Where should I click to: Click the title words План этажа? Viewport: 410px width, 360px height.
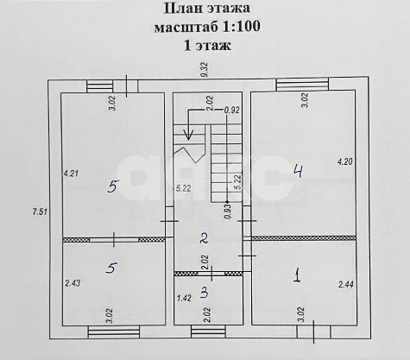coord(205,9)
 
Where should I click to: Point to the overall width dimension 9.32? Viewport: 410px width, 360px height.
coord(205,70)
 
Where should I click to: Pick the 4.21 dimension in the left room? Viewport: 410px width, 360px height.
coord(70,173)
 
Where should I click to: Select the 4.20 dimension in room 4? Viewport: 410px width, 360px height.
coord(344,161)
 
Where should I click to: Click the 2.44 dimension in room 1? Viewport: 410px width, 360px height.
coord(345,284)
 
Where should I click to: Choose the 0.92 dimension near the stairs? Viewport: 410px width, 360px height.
coord(232,110)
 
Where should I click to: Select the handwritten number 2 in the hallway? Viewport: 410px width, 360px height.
coord(205,238)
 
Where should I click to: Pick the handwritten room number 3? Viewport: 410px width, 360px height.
coord(205,292)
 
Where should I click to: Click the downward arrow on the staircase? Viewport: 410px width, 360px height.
coord(190,135)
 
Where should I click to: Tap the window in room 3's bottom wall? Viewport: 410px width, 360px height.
coord(208,330)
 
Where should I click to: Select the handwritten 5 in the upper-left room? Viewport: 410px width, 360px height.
coord(111,185)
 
